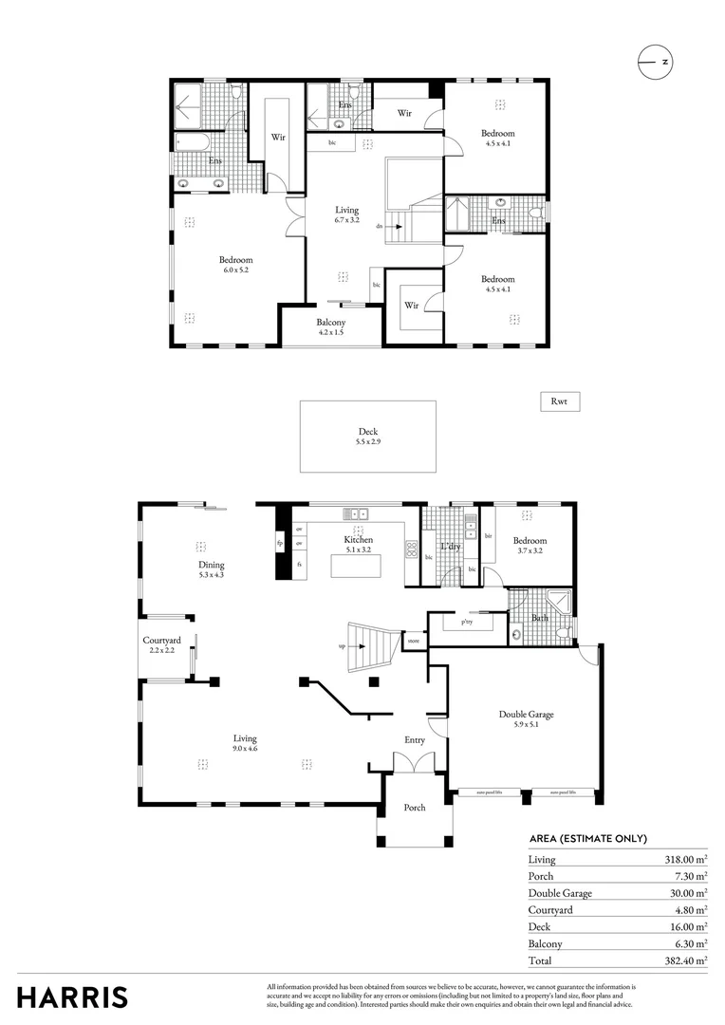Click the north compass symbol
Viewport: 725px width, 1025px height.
click(654, 62)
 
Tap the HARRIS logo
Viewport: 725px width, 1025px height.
click(72, 997)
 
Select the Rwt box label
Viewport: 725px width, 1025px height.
click(559, 401)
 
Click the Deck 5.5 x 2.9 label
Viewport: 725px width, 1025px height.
click(368, 437)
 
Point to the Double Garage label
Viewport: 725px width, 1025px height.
click(526, 720)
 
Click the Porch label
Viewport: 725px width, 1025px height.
click(415, 808)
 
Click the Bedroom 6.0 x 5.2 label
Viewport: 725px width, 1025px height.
click(236, 265)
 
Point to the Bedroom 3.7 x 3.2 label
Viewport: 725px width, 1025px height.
click(530, 546)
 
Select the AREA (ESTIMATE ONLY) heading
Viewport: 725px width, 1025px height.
click(587, 838)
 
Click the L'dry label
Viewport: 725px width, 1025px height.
click(451, 547)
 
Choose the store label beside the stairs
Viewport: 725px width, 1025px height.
click(414, 642)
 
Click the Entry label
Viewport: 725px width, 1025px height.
click(415, 740)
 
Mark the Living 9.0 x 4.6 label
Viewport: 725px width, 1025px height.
click(245, 743)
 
